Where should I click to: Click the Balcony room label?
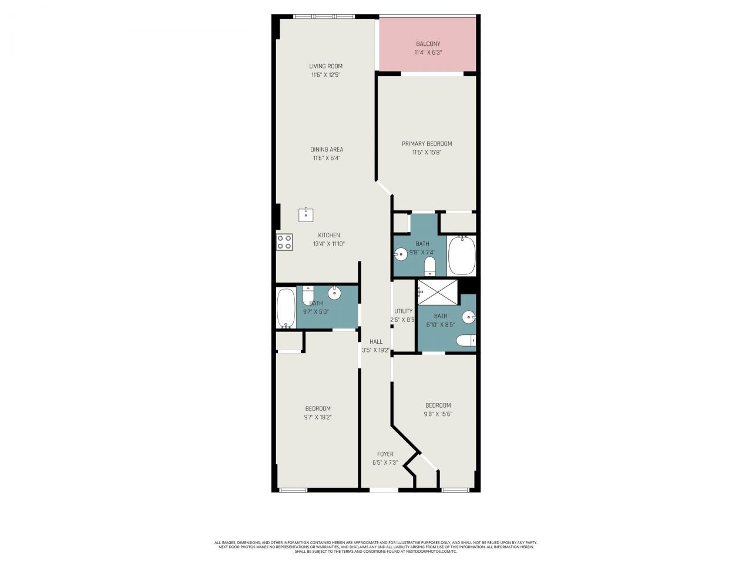coord(428,44)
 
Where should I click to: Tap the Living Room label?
coord(325,66)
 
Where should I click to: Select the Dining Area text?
coord(327,150)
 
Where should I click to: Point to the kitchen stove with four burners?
coord(285,242)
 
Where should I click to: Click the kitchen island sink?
coord(306,215)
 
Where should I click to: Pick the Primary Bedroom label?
coord(427,144)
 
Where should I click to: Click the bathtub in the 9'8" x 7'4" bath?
coord(461,256)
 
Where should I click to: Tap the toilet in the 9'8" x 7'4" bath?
coord(430,266)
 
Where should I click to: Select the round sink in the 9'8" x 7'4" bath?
coord(401,254)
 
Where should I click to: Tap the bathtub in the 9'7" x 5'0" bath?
coord(286,308)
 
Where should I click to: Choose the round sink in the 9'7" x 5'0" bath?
coord(334,292)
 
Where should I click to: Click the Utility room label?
coord(403,311)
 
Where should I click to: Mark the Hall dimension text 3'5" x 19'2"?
coord(376,350)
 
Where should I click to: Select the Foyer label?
coord(385,454)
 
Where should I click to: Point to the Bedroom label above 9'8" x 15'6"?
coord(438,405)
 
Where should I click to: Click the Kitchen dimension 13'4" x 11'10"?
coord(328,244)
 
